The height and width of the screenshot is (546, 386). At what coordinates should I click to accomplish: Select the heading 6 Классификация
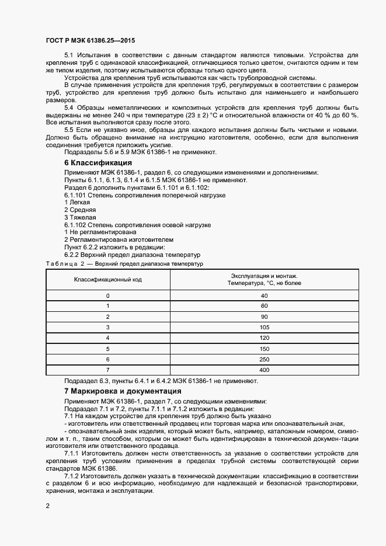pos(98,162)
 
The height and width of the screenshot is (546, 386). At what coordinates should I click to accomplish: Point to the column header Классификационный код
pos(107,280)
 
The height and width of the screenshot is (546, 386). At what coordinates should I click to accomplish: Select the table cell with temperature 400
pos(264,370)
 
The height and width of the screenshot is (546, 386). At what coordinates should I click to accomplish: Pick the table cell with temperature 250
pos(264,360)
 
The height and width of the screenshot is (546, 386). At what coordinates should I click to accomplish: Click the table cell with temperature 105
pos(264,328)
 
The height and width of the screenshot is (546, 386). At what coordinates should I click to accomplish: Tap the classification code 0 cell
pos(107,295)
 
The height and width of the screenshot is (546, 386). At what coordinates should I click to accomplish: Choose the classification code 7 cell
pos(107,370)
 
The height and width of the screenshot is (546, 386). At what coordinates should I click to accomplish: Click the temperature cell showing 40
pos(264,295)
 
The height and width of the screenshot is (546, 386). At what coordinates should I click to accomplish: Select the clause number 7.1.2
pos(71,477)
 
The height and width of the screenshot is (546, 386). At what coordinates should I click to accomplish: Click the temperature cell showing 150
pos(264,349)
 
